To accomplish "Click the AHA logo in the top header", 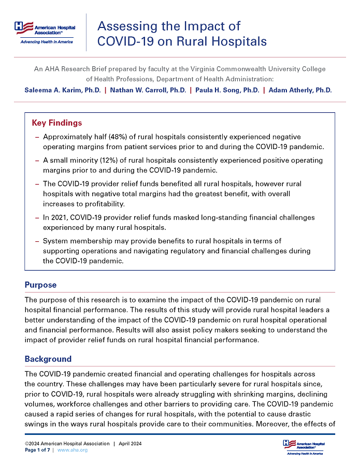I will tap(45, 32).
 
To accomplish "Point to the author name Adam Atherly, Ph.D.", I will tap(300, 90).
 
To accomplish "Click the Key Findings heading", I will tap(57, 123).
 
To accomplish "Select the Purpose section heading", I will tap(41, 285).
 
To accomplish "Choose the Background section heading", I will tap(48, 359).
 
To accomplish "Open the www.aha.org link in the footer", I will tap(72, 450).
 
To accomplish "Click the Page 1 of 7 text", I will tap(37, 450).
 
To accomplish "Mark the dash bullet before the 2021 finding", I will tap(37, 217).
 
